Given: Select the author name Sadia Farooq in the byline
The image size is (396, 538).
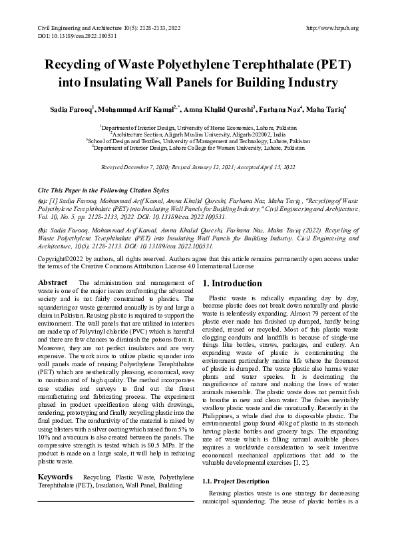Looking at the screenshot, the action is pos(72,109).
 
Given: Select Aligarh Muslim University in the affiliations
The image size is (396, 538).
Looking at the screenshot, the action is pos(200,134).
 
